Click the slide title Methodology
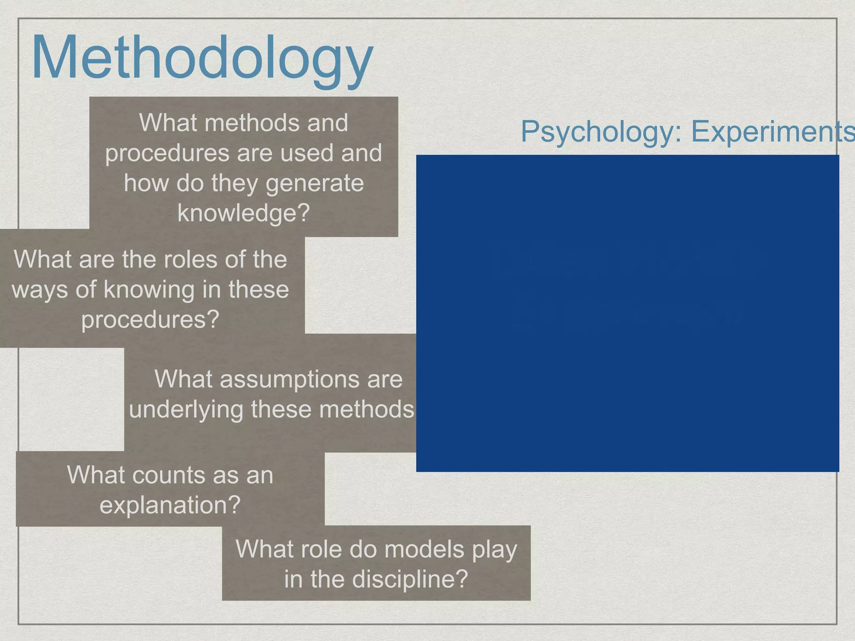pyautogui.click(x=202, y=58)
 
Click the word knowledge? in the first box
pyautogui.click(x=243, y=213)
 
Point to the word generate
pyautogui.click(x=314, y=183)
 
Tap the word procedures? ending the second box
pyautogui.click(x=150, y=320)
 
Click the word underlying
pyautogui.click(x=186, y=410)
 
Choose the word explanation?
pyautogui.click(x=170, y=505)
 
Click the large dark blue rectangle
pyautogui.click(x=627, y=313)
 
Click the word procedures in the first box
pyautogui.click(x=167, y=153)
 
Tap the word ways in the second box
pyautogui.click(x=40, y=290)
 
